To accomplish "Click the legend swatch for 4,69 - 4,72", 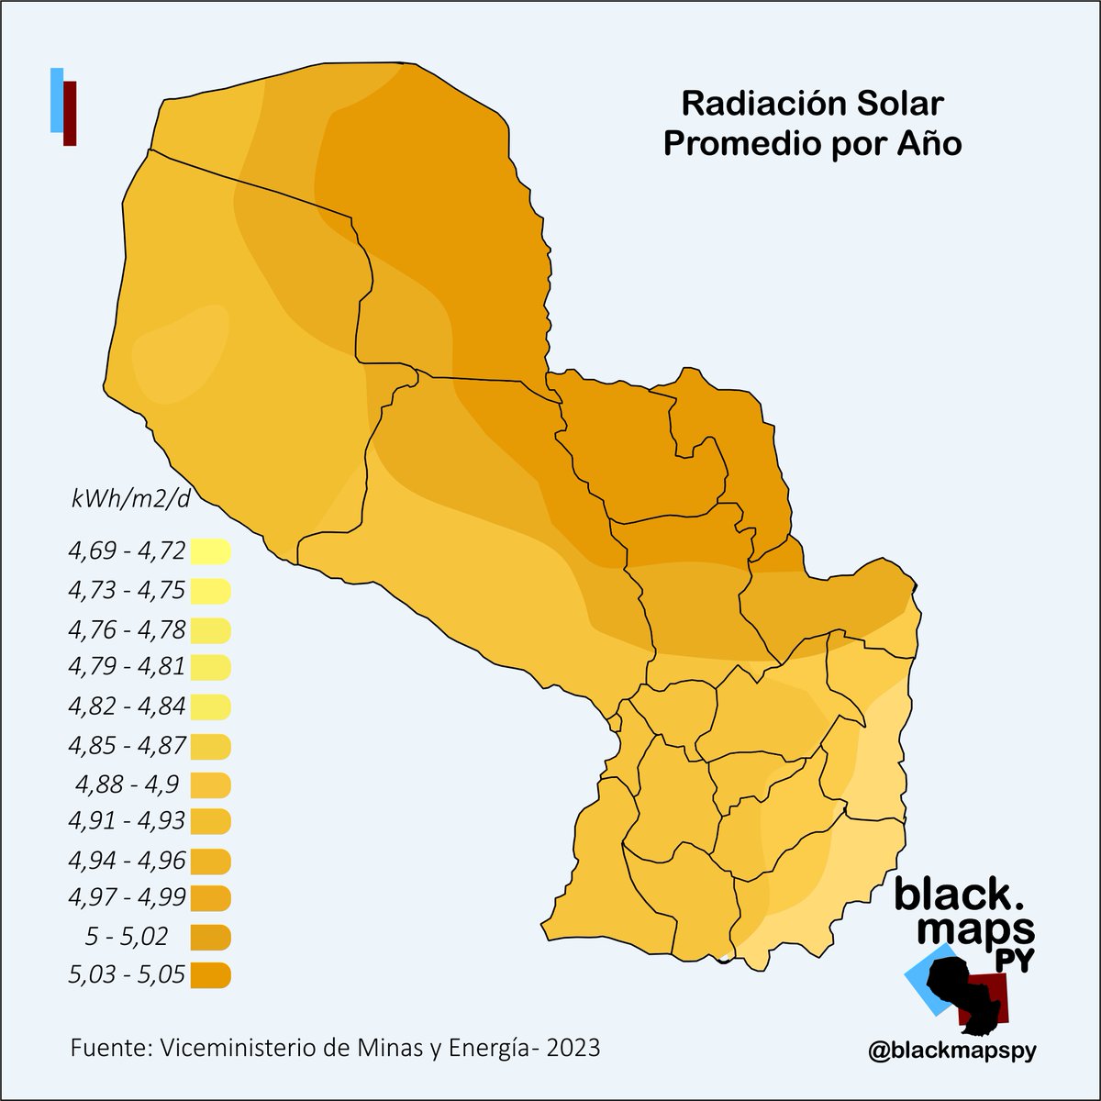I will click(210, 552).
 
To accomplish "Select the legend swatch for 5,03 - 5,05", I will click(210, 975).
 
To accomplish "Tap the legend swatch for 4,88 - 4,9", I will click(210, 785).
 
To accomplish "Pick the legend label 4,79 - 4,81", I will click(127, 667).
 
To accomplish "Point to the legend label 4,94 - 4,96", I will click(127, 861).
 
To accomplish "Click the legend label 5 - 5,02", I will click(127, 937).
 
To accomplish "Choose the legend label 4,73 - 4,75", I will click(127, 591).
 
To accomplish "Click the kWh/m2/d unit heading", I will click(130, 500).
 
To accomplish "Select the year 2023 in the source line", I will click(573, 1047).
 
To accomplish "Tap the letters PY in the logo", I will click(1017, 961).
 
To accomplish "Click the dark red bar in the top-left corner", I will click(70, 112).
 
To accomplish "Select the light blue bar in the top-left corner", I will click(56, 99).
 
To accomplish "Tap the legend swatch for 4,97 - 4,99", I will click(210, 898).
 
